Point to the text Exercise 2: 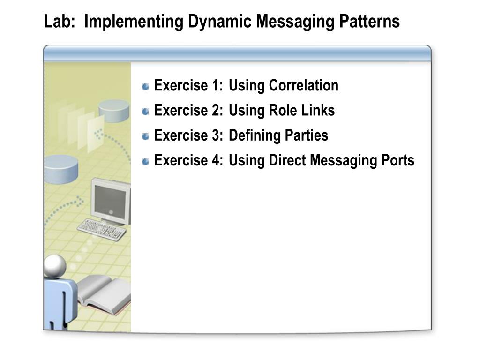[x=188, y=111]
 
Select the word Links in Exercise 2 [x=321, y=111]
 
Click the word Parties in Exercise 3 [x=306, y=135]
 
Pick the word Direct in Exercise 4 [x=287, y=160]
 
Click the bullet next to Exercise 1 [x=146, y=86]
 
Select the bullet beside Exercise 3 [x=146, y=136]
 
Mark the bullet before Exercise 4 [x=146, y=161]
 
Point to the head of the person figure [x=55, y=266]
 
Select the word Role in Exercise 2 [x=281, y=111]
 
